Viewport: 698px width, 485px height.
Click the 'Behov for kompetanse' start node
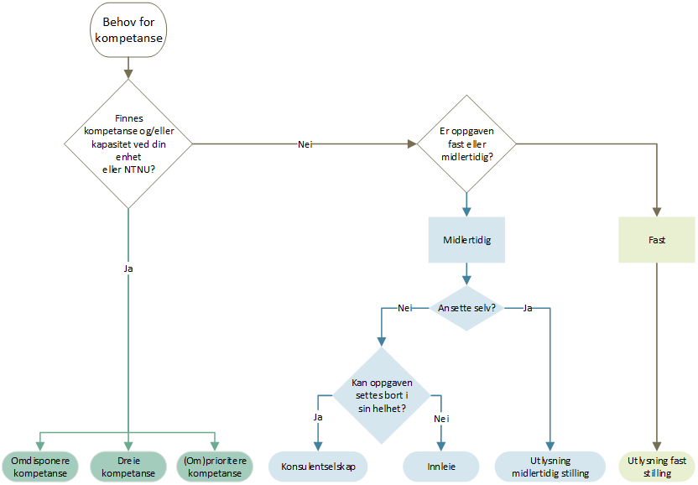point(128,30)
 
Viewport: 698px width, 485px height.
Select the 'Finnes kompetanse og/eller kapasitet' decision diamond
point(128,143)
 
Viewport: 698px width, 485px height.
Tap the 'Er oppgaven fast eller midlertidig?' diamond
point(466,143)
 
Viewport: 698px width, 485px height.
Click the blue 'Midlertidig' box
point(466,240)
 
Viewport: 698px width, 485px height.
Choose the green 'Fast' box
point(657,240)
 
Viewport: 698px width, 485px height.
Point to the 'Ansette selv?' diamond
point(466,308)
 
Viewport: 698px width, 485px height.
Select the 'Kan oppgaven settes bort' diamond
point(382,395)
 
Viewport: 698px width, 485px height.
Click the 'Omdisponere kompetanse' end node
point(40,467)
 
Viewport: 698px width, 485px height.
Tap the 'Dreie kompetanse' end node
point(128,467)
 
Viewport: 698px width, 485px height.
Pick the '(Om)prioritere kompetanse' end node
point(215,467)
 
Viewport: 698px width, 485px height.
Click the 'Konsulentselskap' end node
point(318,467)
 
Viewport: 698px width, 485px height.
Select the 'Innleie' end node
point(441,467)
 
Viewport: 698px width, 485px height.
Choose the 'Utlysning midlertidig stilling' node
point(550,467)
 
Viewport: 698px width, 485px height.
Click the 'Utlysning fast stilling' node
point(657,467)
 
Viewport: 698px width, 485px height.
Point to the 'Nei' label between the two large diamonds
point(305,144)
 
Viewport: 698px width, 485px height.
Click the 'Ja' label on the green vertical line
point(128,269)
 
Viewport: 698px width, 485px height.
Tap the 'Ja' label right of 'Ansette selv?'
point(528,308)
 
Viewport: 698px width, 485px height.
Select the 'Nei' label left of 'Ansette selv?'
point(404,308)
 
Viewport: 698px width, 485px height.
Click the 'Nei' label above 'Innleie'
point(441,419)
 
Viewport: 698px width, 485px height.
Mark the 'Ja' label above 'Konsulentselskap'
point(318,417)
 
